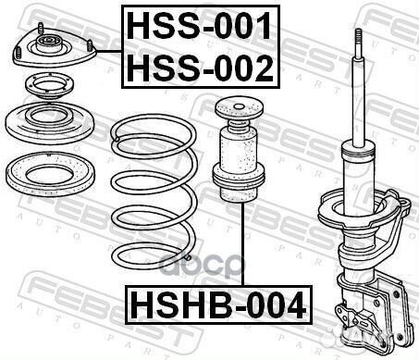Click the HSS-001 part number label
[199, 26]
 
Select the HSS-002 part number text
[200, 68]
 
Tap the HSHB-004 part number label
[218, 305]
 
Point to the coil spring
[154, 192]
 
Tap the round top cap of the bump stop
[239, 109]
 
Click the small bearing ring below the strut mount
[49, 86]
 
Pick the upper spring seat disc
[49, 123]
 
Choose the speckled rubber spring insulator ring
[50, 174]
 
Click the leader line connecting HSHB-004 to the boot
[243, 244]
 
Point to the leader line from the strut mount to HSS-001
[109, 52]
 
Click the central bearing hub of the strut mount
[48, 44]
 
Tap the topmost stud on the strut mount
[41, 28]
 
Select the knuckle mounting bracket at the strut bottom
[373, 308]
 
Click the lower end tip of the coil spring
[188, 257]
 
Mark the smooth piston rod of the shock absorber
[358, 99]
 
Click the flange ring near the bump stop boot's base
[239, 178]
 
